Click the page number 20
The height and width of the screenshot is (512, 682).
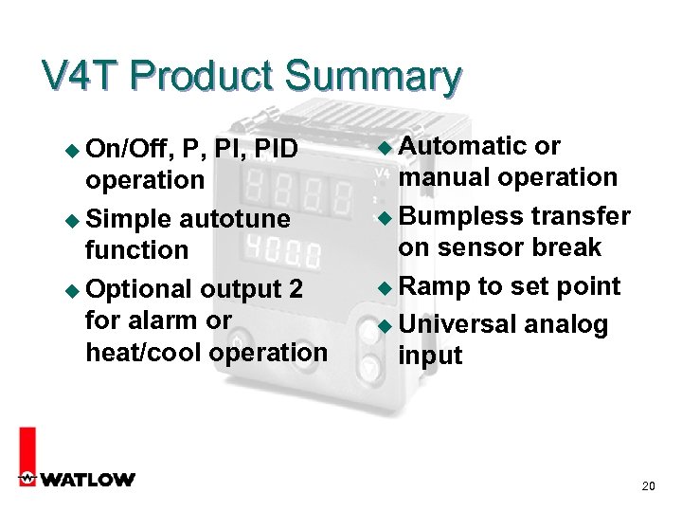[648, 486]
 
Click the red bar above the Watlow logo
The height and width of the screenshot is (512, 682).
[27, 446]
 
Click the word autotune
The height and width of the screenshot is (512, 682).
[235, 219]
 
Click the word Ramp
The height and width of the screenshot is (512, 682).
[434, 286]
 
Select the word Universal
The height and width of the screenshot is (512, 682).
[458, 324]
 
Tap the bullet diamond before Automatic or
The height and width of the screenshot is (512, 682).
[384, 147]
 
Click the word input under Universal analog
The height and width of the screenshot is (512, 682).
[430, 357]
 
